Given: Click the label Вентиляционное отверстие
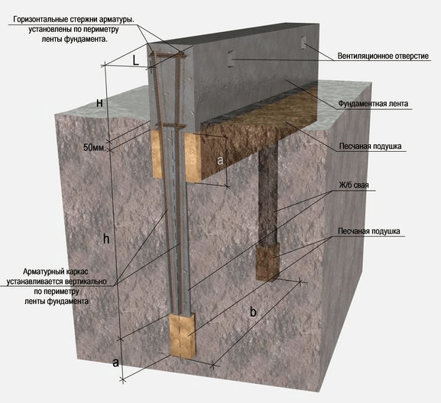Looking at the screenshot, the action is coord(383,56).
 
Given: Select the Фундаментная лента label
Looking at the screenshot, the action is coord(373,104).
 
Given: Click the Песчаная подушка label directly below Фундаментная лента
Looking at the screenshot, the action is coord(370,147).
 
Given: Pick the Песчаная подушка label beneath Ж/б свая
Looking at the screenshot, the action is coord(368,231).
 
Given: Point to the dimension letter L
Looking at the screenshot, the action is coord(136,60).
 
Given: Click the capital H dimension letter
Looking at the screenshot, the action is coord(99,103).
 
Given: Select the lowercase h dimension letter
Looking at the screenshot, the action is coord(106,239).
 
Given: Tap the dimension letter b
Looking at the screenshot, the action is coord(253,312).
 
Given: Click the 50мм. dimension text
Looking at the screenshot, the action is coord(95,147).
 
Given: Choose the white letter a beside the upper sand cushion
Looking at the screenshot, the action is coord(220,160).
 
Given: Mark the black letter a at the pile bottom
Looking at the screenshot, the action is coord(116,363).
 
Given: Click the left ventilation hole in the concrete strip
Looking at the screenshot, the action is coord(231,59).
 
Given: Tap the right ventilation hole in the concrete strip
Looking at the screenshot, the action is coord(303,43).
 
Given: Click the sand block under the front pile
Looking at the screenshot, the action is coord(182,336).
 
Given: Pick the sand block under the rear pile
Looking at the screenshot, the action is coord(268,262).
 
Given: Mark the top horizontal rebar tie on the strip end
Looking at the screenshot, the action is coord(167,55).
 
